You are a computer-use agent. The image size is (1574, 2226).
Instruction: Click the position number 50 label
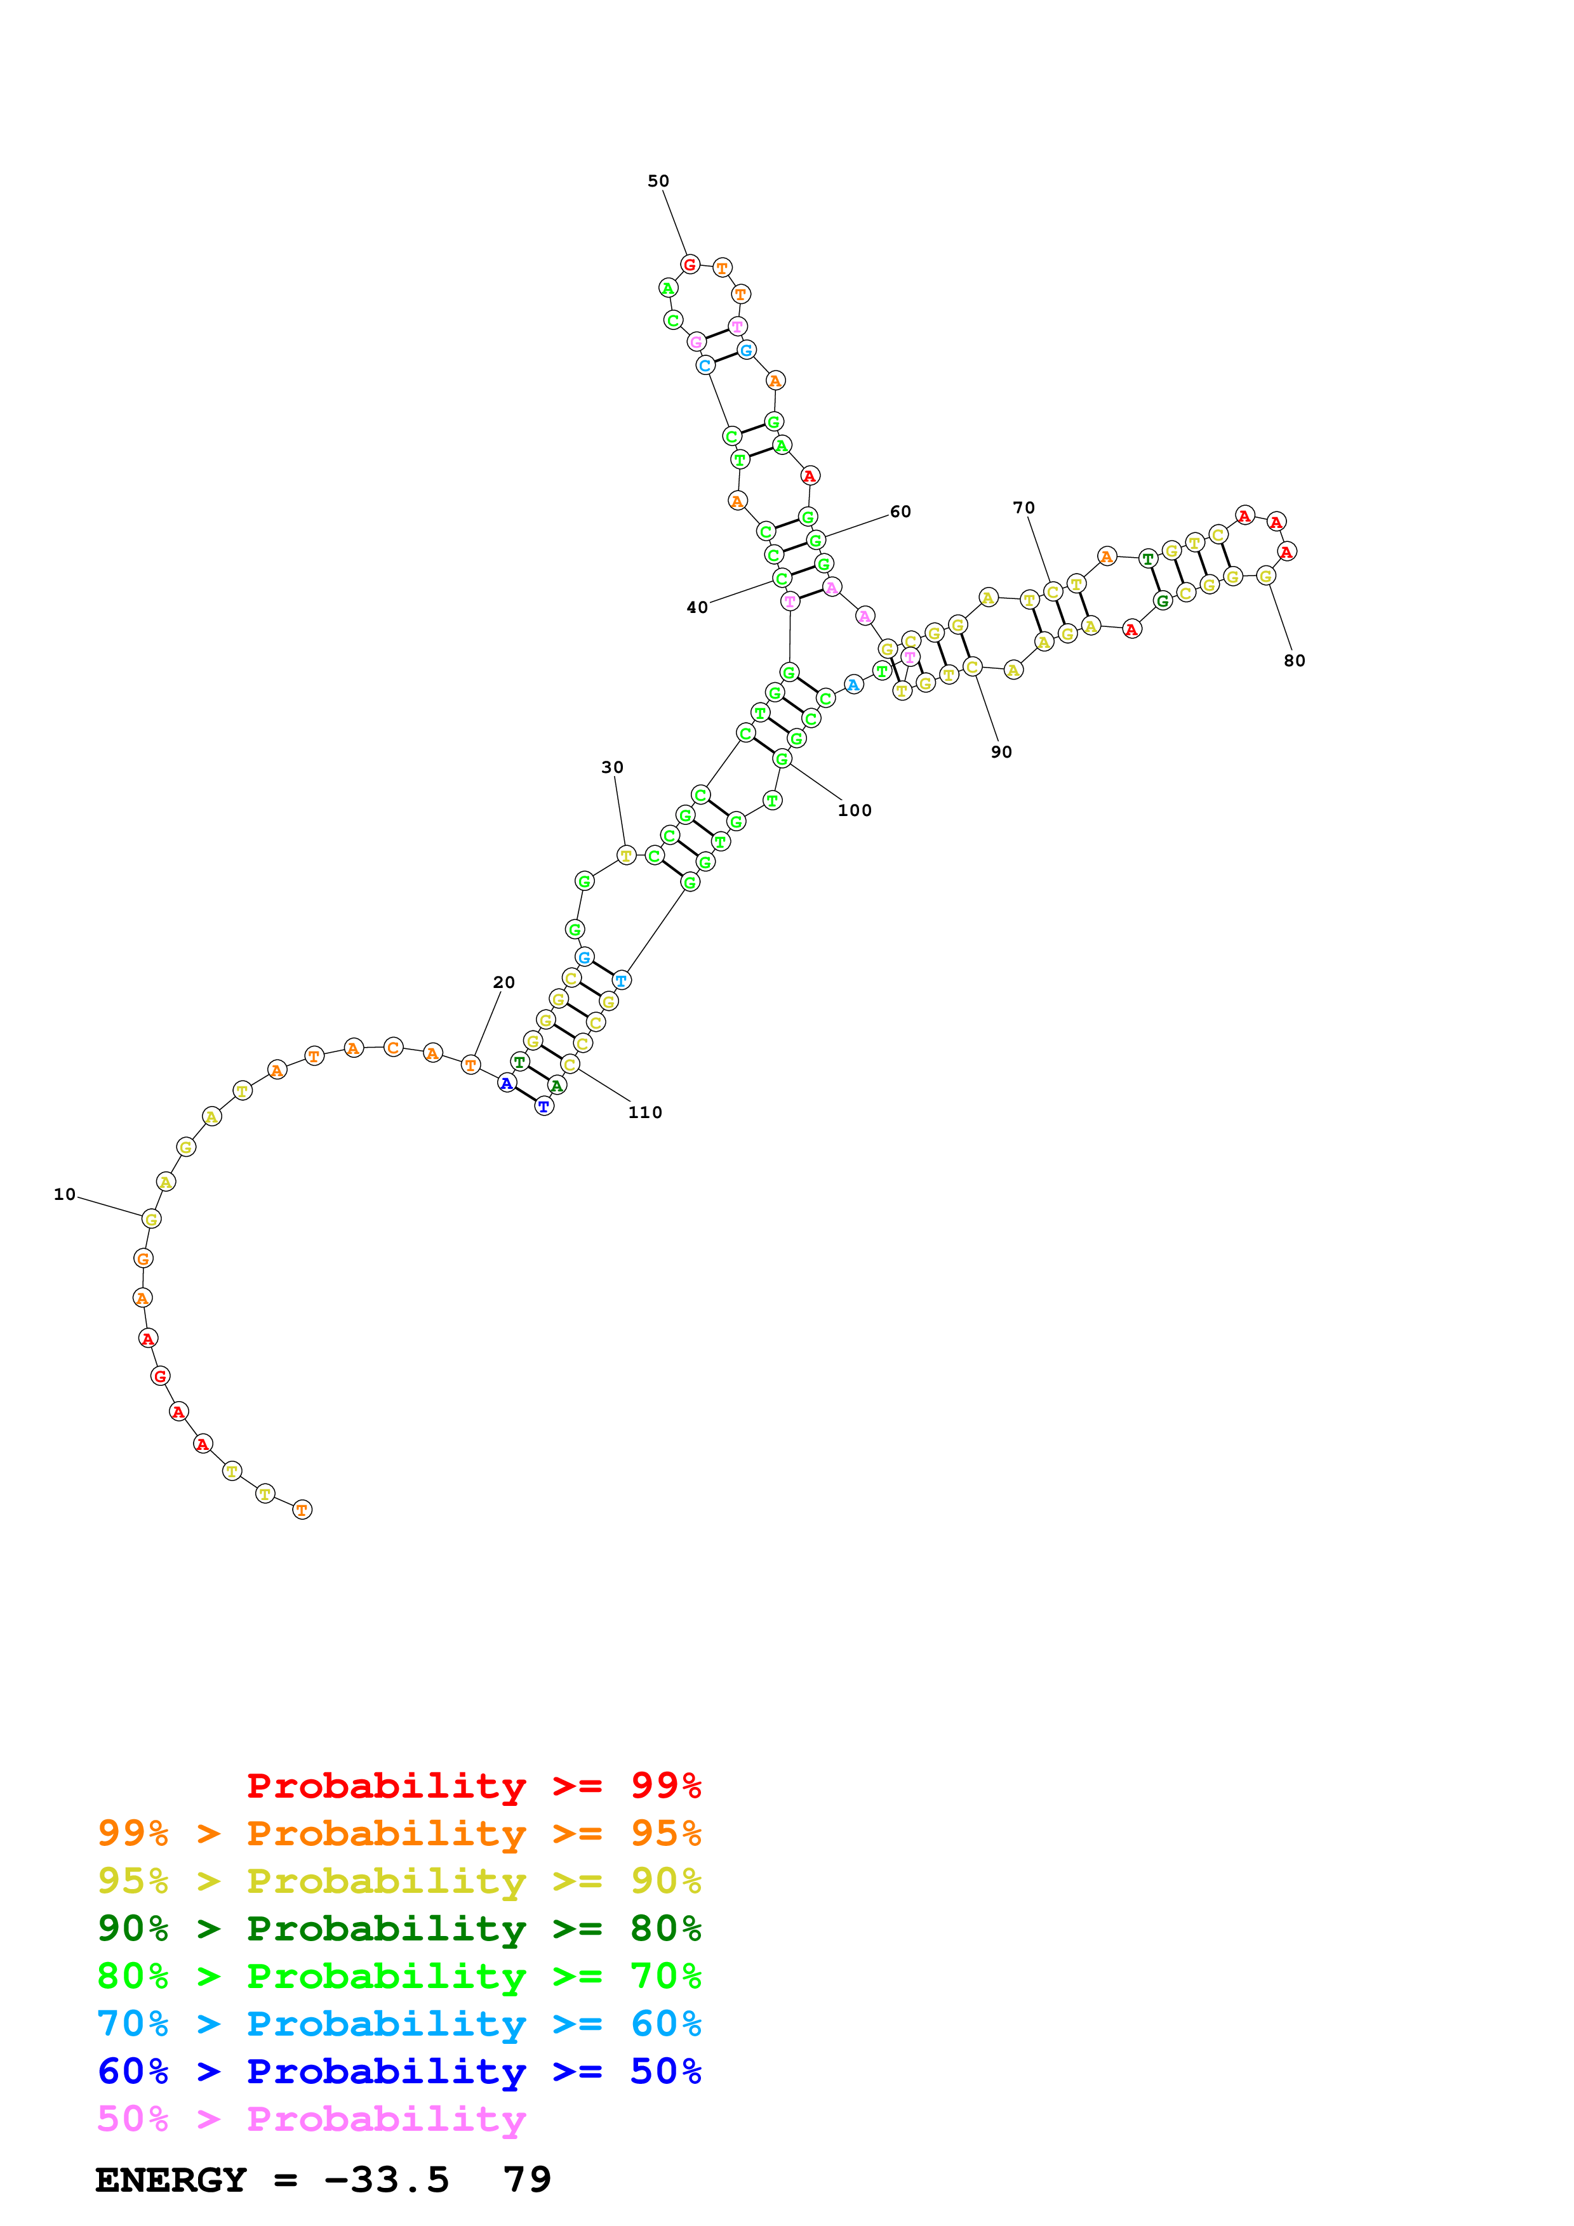click(x=658, y=181)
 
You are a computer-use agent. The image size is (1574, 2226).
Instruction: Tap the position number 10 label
click(x=64, y=1194)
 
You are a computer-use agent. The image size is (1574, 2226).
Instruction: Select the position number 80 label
click(x=1294, y=661)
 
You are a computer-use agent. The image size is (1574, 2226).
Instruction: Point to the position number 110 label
click(x=645, y=1113)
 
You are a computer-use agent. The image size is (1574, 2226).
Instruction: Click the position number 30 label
click(x=612, y=768)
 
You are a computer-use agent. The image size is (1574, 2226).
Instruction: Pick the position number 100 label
click(x=855, y=810)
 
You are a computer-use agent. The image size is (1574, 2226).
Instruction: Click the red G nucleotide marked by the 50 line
click(x=690, y=265)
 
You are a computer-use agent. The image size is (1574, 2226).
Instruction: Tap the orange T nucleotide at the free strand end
click(x=303, y=1510)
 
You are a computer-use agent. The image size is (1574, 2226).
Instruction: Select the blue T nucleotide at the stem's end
click(x=544, y=1106)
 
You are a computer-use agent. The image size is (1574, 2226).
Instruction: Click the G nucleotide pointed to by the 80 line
click(x=1265, y=576)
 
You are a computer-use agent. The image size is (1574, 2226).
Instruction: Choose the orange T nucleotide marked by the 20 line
click(x=470, y=1065)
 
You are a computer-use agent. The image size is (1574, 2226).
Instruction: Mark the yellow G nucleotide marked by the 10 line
click(x=150, y=1219)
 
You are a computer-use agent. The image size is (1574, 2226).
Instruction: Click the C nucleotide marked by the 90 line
click(x=973, y=667)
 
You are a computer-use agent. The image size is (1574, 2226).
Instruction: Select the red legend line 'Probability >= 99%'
click(x=473, y=1786)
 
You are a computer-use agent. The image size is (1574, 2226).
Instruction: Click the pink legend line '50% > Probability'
click(x=311, y=2119)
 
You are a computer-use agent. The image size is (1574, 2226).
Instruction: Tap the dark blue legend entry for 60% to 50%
click(x=399, y=2072)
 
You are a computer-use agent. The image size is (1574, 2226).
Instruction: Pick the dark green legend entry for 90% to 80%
click(x=399, y=1928)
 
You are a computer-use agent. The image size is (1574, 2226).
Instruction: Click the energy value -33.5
click(x=386, y=2180)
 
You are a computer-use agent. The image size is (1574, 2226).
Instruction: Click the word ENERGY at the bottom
click(x=171, y=2180)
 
